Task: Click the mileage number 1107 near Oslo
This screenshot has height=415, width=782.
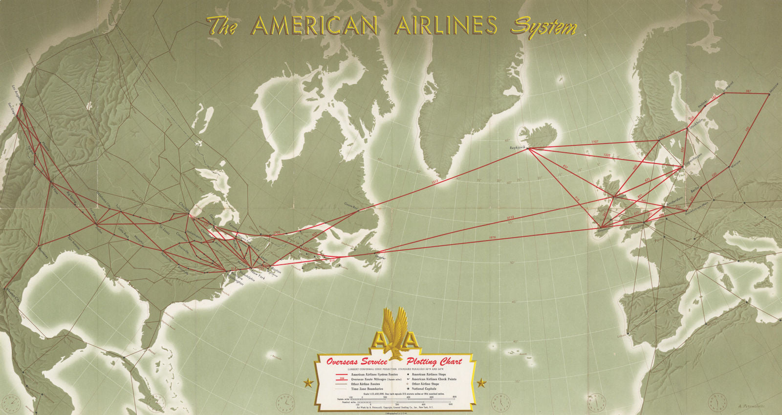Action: tap(594, 142)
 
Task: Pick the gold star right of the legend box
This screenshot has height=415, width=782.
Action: tap(482, 382)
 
